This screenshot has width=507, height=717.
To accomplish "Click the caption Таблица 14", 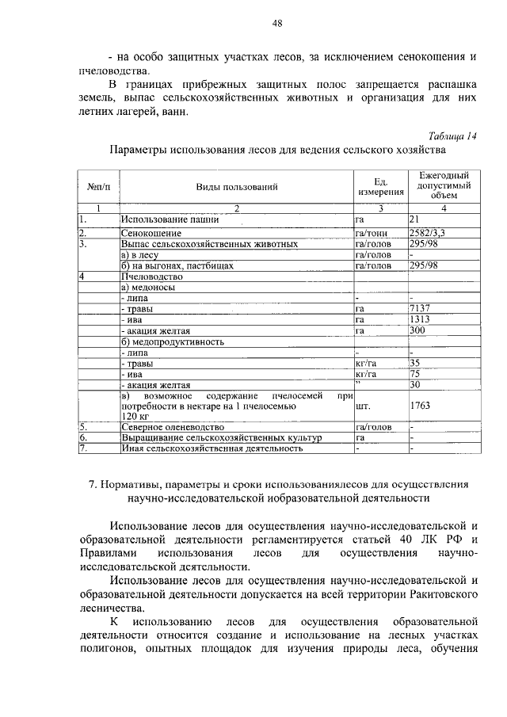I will click(452, 135).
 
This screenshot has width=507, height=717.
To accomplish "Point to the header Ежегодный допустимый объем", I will click(444, 186).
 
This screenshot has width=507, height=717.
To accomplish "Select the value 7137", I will click(420, 309).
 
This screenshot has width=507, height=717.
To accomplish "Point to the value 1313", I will click(420, 320).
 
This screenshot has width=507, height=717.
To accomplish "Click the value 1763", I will click(420, 406).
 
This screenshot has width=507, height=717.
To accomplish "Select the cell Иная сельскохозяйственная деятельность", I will click(212, 448).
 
